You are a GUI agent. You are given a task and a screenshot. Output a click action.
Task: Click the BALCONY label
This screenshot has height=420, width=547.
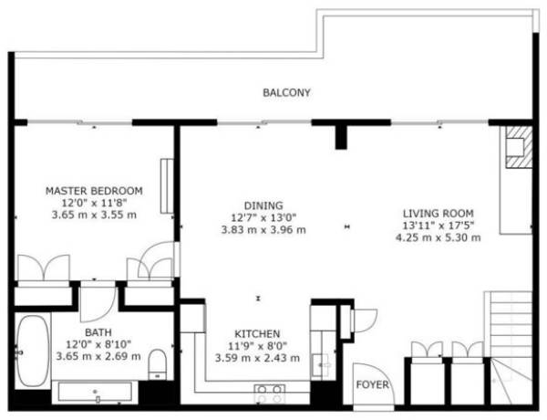pyautogui.click(x=286, y=92)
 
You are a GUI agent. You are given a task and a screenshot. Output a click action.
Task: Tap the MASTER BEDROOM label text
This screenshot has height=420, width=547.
pyautogui.click(x=94, y=191)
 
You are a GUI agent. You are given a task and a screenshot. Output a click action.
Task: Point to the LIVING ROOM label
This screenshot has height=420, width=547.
pyautogui.click(x=439, y=213)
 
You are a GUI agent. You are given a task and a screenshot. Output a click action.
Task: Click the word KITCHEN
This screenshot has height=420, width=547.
pyautogui.click(x=257, y=333)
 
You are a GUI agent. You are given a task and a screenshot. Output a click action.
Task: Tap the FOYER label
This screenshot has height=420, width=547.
pyautogui.click(x=372, y=384)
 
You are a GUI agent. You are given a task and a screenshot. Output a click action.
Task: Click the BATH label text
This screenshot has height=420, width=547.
pyautogui.click(x=98, y=332)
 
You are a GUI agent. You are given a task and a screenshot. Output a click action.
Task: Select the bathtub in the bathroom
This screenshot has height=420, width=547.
pyautogui.click(x=33, y=351)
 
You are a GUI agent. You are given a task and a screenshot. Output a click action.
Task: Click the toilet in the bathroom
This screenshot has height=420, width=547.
pyautogui.click(x=157, y=364)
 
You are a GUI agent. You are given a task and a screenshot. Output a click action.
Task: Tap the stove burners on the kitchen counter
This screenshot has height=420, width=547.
pyautogui.click(x=269, y=394)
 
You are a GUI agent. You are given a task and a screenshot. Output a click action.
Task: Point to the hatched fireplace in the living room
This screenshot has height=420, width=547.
pyautogui.click(x=519, y=147)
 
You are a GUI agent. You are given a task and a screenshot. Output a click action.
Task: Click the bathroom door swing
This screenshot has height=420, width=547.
pyautogui.click(x=98, y=302)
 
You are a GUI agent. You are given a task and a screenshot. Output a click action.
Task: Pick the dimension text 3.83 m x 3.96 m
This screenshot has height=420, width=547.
pyautogui.click(x=263, y=230)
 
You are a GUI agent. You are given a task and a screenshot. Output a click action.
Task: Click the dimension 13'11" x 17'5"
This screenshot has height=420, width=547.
pyautogui.click(x=439, y=226)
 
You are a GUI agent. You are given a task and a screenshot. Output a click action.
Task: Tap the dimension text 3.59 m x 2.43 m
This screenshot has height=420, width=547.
pyautogui.click(x=257, y=358)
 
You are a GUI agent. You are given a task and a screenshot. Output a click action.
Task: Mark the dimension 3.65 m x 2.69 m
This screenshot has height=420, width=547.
pyautogui.click(x=98, y=356)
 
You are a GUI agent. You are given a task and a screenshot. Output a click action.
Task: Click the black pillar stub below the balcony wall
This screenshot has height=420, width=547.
pyautogui.click(x=341, y=137)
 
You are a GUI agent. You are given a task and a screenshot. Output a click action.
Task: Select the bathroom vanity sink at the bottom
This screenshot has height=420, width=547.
pyautogui.click(x=95, y=392)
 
